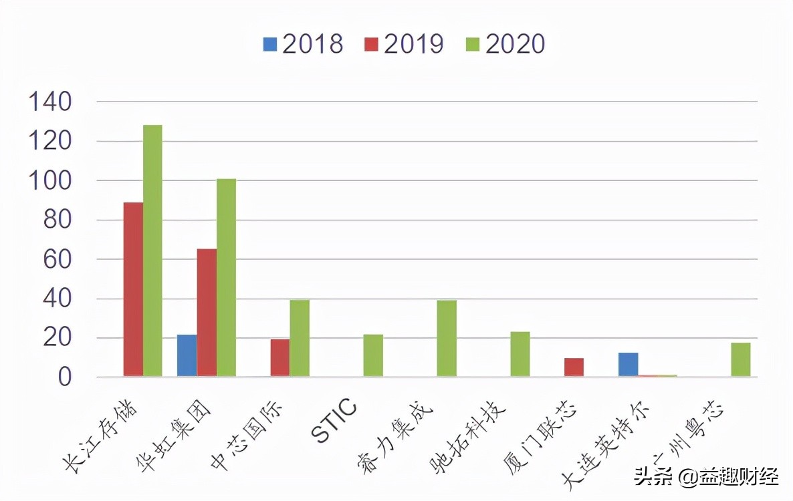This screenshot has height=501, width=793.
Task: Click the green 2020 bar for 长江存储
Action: pos(152,251)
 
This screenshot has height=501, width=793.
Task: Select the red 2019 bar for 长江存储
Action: pos(133,290)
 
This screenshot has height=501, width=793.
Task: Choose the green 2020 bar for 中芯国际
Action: pos(300,339)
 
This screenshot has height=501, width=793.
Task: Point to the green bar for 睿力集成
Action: pos(447,339)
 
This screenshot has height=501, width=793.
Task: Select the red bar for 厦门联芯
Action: pos(574,368)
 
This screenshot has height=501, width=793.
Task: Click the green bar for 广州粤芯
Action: pos(740,360)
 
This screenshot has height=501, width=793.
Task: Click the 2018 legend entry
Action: pos(303,44)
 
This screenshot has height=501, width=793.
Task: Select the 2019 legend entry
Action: pos(404,44)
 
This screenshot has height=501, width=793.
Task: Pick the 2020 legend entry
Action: pos(505,44)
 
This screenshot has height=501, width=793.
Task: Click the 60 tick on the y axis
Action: pos(58,260)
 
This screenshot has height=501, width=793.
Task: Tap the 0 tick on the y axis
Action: pos(64,378)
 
